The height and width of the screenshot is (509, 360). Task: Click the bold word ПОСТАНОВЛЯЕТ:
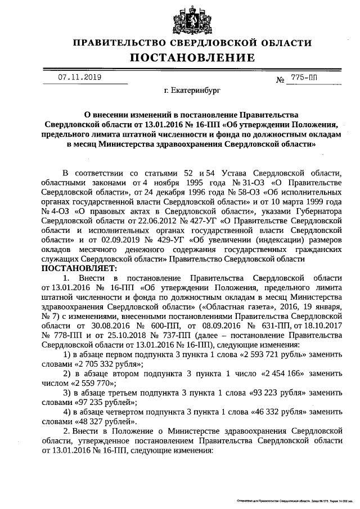(x=76, y=268)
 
